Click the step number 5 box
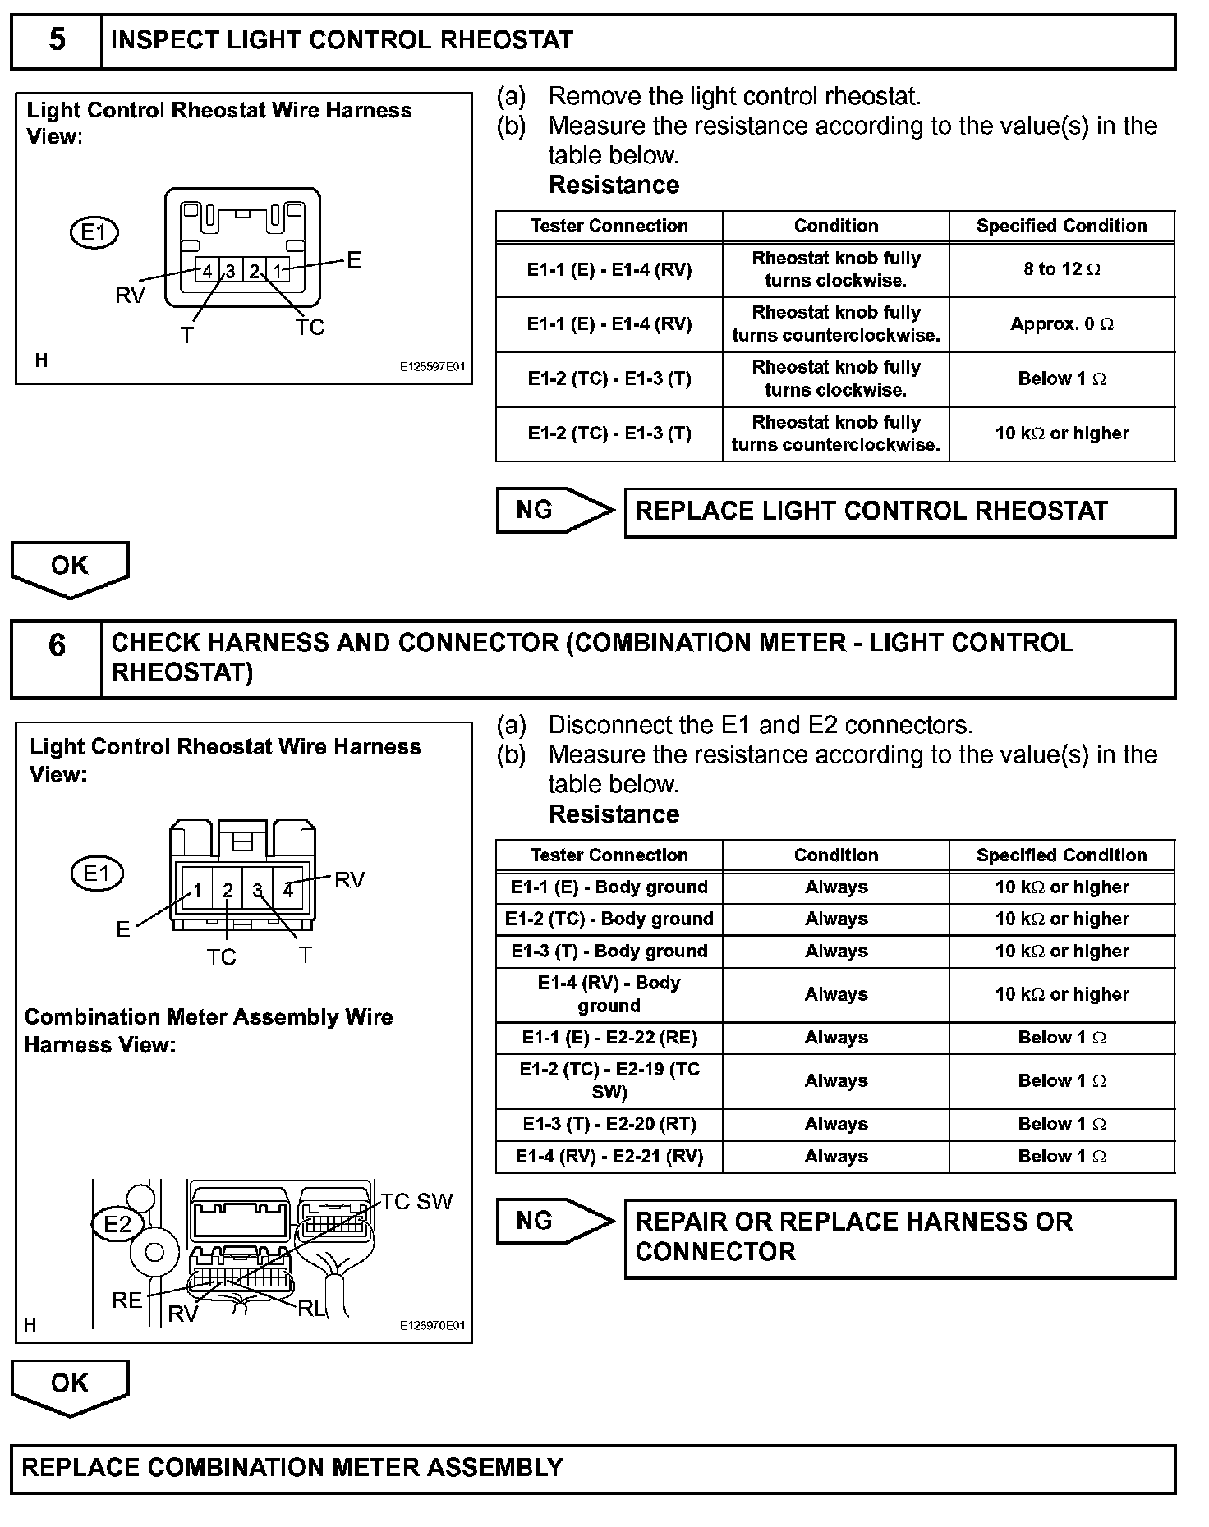click(x=56, y=41)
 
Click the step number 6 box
click(x=56, y=658)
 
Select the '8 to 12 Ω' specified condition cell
click(x=1061, y=269)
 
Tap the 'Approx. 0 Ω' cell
click(x=1061, y=324)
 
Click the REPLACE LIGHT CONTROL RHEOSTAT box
click(x=899, y=512)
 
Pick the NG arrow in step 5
click(x=554, y=511)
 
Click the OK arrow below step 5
click(x=70, y=567)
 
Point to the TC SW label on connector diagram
click(x=416, y=1202)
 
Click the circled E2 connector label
click(x=117, y=1225)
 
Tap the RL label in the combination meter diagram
click(x=310, y=1309)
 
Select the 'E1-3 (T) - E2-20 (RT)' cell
click(x=609, y=1124)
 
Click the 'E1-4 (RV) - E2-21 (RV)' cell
click(x=609, y=1157)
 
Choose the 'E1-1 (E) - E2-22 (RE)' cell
click(x=609, y=1038)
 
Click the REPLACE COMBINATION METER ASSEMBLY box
click(x=592, y=1468)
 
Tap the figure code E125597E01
click(x=432, y=367)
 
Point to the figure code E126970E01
click(x=432, y=1325)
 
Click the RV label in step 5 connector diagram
click(x=130, y=296)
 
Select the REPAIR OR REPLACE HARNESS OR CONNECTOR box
click(x=899, y=1237)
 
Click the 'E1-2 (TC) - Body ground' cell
click(x=609, y=919)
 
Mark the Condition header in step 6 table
click(x=835, y=855)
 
